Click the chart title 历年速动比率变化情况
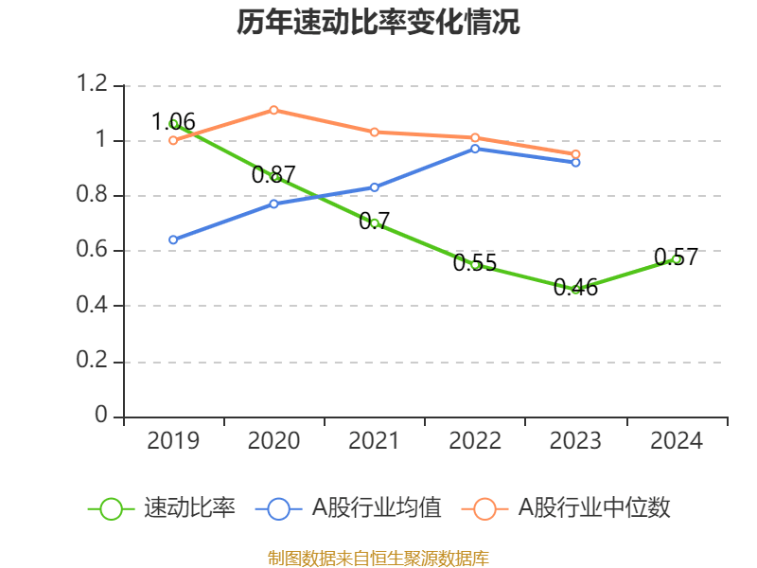click(378, 23)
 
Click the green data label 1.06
click(174, 121)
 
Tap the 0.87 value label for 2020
click(273, 174)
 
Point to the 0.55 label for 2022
click(475, 263)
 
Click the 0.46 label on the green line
click(575, 287)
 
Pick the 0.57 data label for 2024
click(676, 257)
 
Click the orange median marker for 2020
click(273, 110)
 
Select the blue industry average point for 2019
click(173, 240)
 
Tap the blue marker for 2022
click(475, 149)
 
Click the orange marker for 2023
click(575, 154)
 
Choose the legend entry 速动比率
click(162, 508)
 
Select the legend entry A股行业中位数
click(566, 508)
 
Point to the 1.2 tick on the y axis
click(92, 85)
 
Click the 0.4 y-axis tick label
click(92, 306)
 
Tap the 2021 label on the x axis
click(375, 440)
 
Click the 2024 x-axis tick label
click(676, 440)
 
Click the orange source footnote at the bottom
click(378, 558)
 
